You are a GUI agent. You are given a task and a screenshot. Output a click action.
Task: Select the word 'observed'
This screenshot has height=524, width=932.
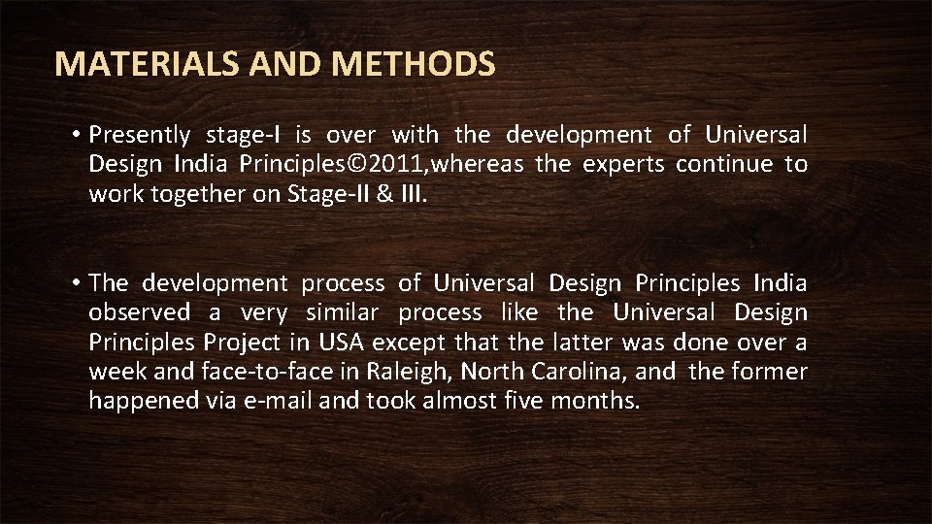(x=140, y=312)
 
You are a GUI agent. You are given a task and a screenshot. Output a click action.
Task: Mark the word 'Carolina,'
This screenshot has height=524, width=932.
(x=582, y=372)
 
